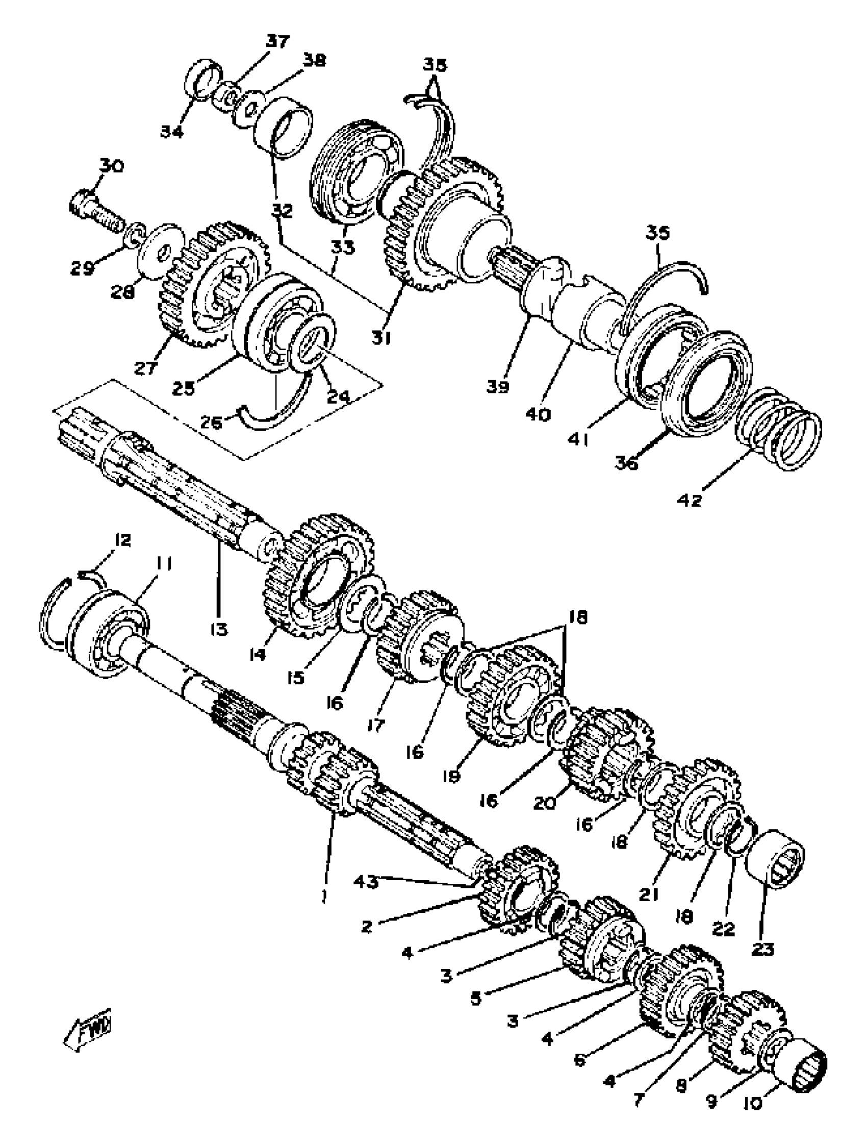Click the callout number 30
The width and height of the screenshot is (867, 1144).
112,166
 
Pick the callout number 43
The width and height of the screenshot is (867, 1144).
366,882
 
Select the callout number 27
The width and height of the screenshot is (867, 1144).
146,369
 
